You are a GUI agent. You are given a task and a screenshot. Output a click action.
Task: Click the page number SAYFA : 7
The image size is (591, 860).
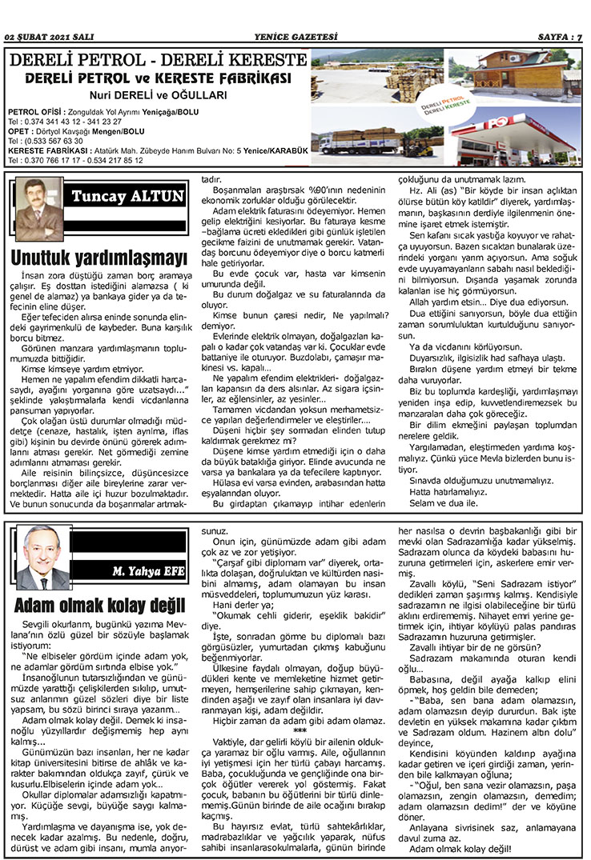click(x=559, y=37)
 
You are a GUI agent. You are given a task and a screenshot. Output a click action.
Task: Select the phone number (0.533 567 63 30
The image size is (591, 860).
click(x=46, y=141)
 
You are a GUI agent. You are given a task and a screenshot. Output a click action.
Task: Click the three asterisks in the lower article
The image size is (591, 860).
click(x=300, y=731)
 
